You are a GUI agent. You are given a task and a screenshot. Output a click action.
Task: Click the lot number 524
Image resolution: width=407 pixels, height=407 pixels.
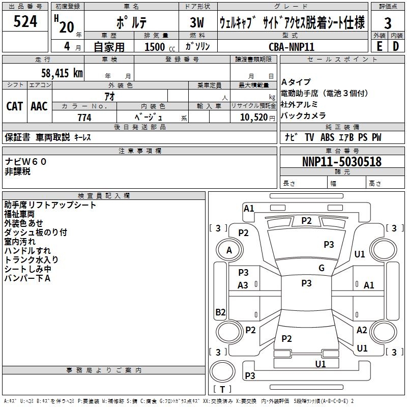point(25,22)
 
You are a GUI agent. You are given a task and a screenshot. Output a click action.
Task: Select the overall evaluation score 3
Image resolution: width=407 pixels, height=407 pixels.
point(388,23)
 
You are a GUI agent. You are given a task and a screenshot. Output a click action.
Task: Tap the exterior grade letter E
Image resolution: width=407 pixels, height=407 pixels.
point(379,46)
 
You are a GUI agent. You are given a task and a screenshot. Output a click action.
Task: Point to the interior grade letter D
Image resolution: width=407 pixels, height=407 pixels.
point(396,46)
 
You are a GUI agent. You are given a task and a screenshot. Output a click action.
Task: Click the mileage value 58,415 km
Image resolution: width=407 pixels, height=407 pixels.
point(62,73)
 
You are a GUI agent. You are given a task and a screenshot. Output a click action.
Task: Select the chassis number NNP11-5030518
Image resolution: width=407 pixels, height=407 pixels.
point(341,162)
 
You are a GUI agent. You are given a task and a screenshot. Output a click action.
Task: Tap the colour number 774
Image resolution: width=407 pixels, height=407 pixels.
point(84,118)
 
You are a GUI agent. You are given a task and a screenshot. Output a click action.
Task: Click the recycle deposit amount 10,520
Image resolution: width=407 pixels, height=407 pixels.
point(250,118)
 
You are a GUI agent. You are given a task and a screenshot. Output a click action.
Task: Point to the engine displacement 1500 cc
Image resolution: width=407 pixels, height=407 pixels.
point(155,47)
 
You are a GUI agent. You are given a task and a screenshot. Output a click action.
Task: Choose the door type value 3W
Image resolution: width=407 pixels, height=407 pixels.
point(197,23)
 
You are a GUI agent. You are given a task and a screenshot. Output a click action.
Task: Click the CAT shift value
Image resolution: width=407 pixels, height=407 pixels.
point(15,106)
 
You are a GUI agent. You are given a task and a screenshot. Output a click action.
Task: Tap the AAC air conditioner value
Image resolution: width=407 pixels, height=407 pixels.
point(39,106)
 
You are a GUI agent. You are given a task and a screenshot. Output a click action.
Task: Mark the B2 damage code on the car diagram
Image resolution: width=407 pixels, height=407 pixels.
point(220,312)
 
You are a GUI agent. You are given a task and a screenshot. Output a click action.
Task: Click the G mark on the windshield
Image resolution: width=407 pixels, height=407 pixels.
point(322,268)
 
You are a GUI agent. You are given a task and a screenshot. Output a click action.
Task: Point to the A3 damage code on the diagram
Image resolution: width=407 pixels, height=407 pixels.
point(243,285)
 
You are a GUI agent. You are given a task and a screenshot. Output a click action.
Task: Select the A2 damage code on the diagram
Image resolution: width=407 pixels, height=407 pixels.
point(362,330)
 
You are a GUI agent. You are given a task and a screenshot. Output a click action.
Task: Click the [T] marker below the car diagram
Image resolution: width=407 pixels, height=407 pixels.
point(222,389)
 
